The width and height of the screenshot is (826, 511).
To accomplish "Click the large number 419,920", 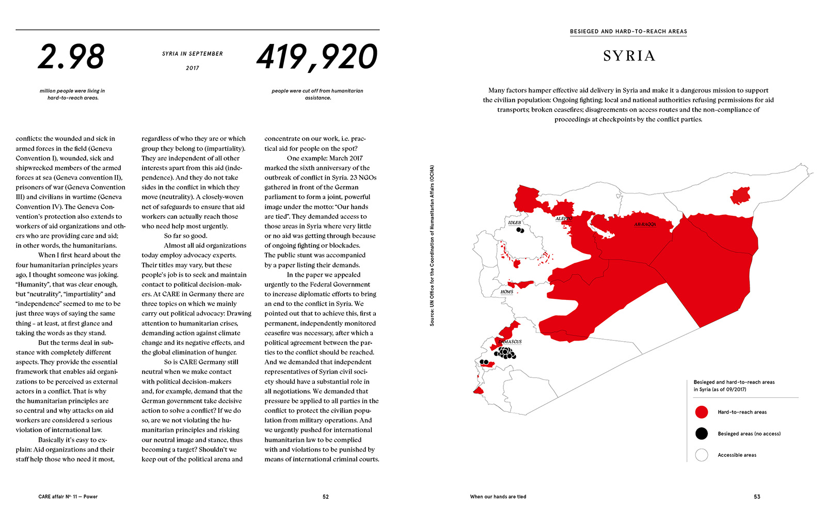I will tap(317, 57).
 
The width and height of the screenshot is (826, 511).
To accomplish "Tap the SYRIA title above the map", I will tap(629, 56).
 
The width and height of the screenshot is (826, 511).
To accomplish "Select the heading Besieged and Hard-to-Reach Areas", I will tap(628, 31).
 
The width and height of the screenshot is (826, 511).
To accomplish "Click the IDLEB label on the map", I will tap(514, 223).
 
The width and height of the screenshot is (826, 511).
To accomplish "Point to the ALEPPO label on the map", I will tap(564, 219).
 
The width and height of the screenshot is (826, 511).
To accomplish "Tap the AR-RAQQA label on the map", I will tap(645, 225).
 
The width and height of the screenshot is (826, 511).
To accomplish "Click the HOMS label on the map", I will tap(506, 292).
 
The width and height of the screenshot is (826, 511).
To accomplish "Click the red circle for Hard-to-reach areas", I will tap(701, 412).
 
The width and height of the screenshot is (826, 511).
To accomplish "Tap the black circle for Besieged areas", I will tap(701, 434).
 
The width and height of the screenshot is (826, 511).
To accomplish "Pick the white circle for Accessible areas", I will tap(701, 455).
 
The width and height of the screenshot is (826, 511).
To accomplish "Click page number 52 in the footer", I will tap(326, 497).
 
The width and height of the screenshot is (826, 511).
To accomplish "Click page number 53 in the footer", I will tap(757, 497).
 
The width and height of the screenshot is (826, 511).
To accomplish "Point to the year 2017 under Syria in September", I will tap(193, 68).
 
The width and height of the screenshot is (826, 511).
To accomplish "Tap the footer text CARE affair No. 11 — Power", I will tap(68, 497).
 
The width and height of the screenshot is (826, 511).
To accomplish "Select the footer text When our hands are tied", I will tap(498, 497).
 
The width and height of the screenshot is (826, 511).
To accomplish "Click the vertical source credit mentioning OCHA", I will tap(432, 245).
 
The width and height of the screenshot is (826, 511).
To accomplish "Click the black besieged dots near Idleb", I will tap(520, 230).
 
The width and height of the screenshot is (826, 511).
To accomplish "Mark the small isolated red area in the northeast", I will tap(740, 196).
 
